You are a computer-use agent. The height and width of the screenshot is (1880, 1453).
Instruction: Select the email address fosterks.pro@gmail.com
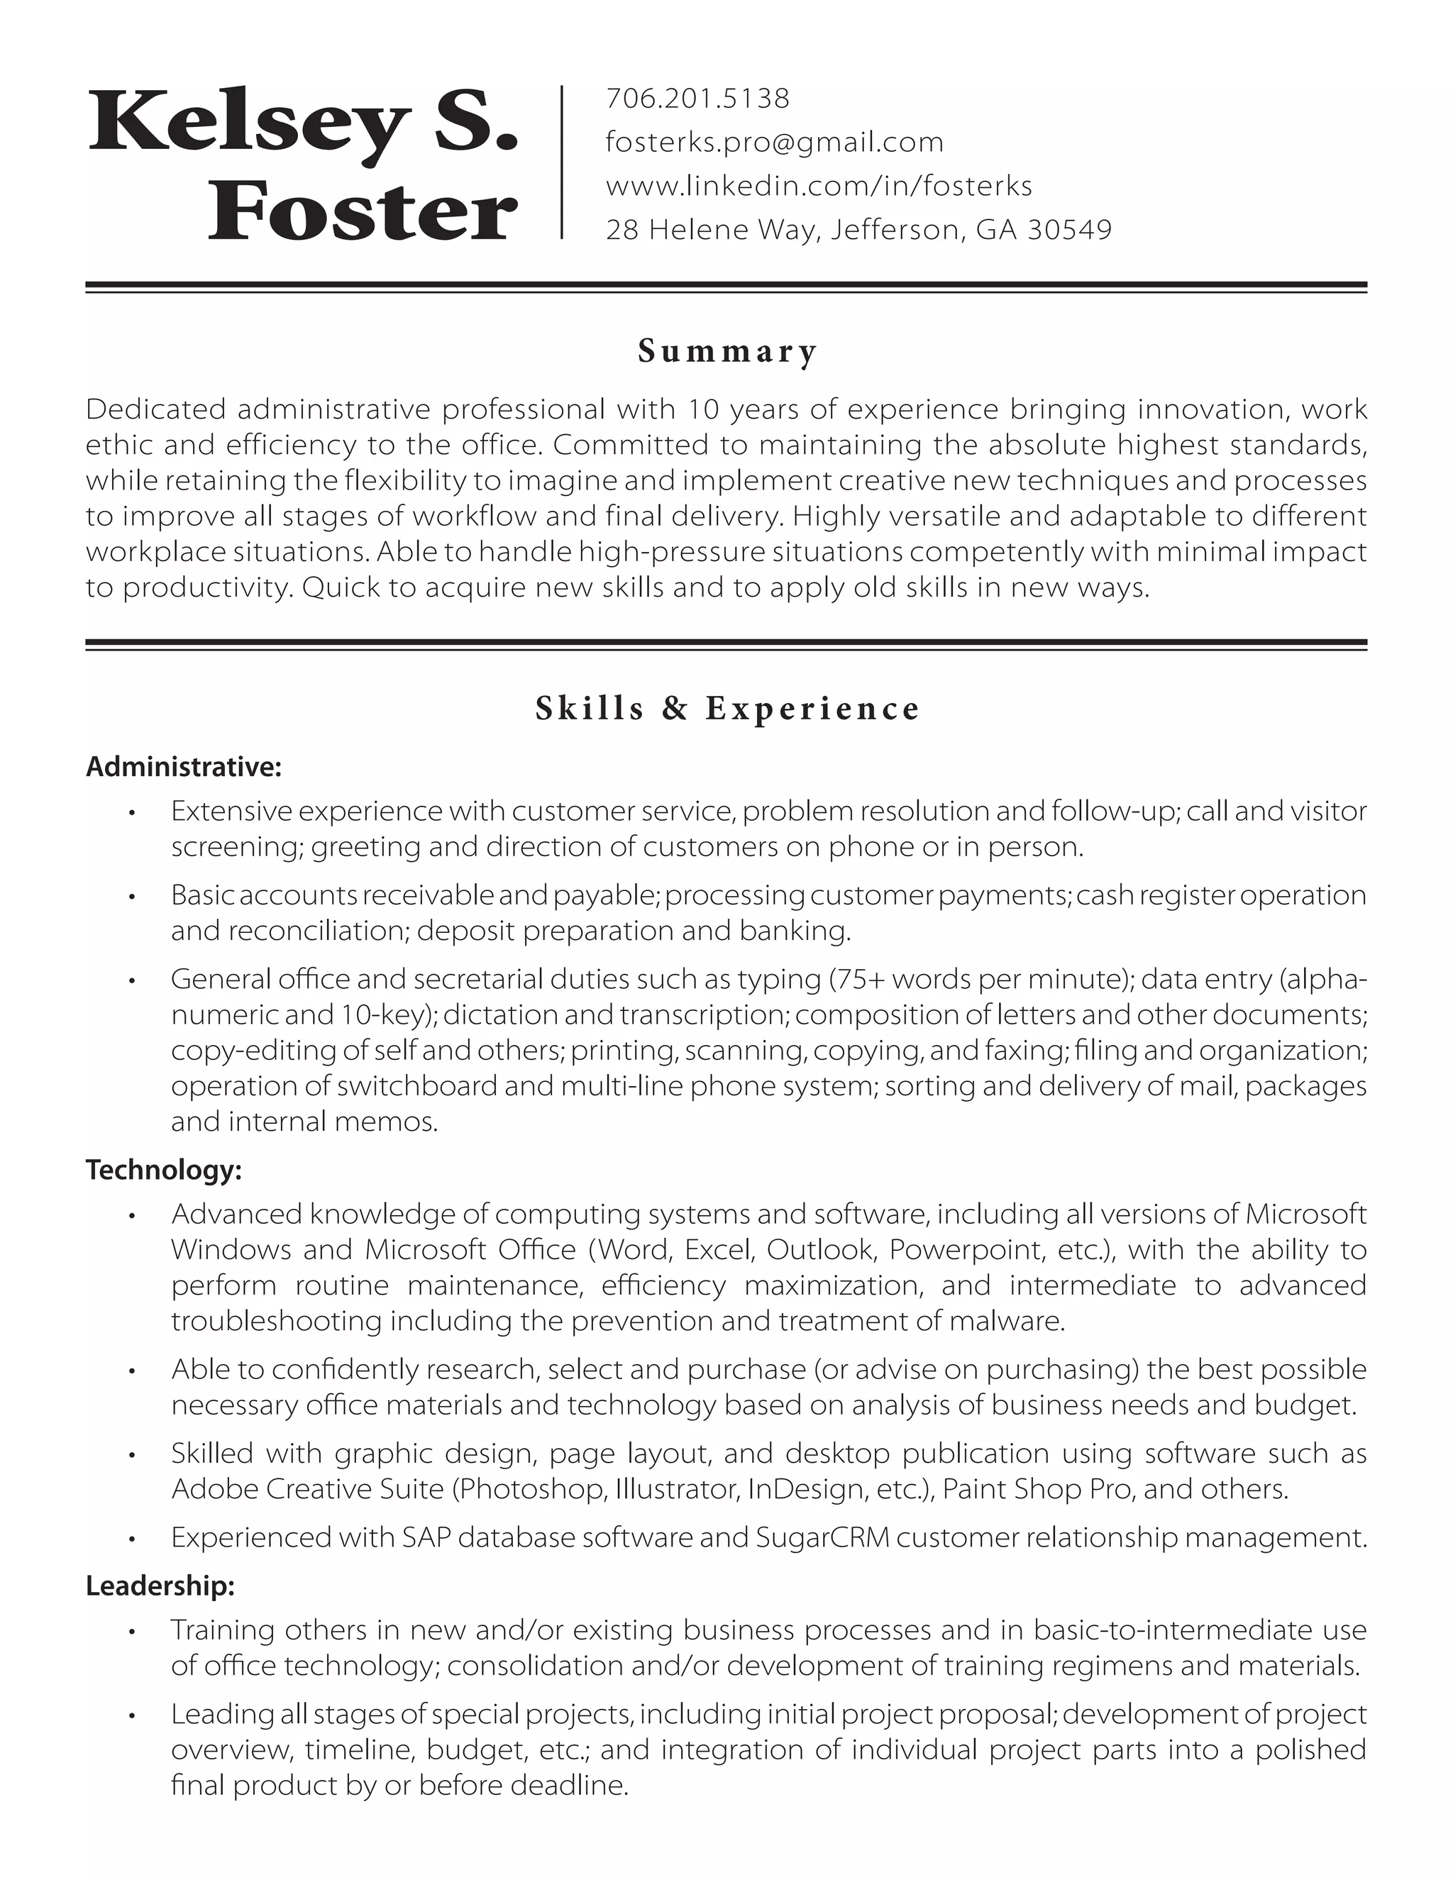pyautogui.click(x=775, y=142)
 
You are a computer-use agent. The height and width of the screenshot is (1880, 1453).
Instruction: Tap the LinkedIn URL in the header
pyautogui.click(x=819, y=186)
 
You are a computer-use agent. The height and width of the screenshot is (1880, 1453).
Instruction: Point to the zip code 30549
pyautogui.click(x=1070, y=230)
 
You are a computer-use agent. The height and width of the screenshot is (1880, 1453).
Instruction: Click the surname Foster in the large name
pyautogui.click(x=363, y=211)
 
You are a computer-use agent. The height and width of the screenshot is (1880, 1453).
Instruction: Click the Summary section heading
pyautogui.click(x=727, y=351)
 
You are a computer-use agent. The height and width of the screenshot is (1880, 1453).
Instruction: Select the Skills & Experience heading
pyautogui.click(x=727, y=709)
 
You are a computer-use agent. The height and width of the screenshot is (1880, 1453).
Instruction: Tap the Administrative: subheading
pyautogui.click(x=183, y=766)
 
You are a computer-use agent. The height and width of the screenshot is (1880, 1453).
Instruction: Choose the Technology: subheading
pyautogui.click(x=164, y=1169)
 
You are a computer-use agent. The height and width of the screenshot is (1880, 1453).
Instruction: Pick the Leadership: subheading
pyautogui.click(x=160, y=1586)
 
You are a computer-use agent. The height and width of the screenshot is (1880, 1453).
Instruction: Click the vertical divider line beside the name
pyautogui.click(x=561, y=162)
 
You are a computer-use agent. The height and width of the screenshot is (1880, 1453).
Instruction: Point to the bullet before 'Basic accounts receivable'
pyautogui.click(x=132, y=897)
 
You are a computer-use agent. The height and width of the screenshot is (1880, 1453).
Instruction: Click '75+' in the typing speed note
pyautogui.click(x=864, y=980)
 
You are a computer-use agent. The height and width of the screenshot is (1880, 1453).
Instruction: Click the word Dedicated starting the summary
pyautogui.click(x=156, y=409)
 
